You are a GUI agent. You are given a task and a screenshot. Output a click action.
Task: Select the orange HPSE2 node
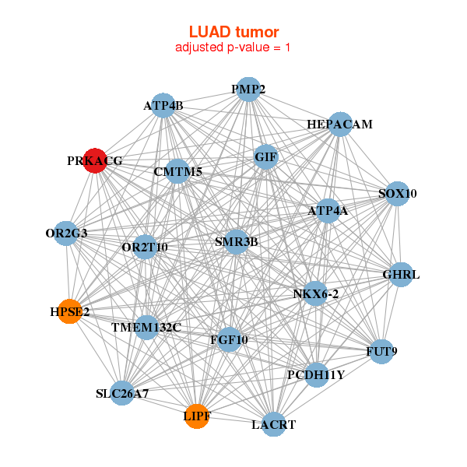(x=70, y=311)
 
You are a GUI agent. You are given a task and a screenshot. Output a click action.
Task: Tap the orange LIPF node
(x=197, y=416)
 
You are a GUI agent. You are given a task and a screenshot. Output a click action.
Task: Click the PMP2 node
(x=248, y=90)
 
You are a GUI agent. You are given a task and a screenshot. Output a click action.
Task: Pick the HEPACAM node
(x=339, y=125)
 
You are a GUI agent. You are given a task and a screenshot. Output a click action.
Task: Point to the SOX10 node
(x=397, y=193)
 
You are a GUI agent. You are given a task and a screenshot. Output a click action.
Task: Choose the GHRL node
(x=400, y=275)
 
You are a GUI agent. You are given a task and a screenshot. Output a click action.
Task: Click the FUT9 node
(x=381, y=352)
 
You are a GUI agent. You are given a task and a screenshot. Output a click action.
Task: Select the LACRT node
(x=273, y=424)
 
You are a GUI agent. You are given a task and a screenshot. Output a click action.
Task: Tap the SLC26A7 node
(x=122, y=394)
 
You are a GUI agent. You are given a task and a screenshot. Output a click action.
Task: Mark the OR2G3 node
(x=66, y=233)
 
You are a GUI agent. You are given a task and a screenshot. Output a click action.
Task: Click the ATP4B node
(x=163, y=105)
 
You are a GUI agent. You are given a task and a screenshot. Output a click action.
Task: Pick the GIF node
(x=265, y=156)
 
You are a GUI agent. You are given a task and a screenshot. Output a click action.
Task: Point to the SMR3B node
(x=236, y=241)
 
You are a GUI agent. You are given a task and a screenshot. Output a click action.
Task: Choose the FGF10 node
(x=229, y=339)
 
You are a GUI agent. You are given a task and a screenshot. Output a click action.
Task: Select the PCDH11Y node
(x=315, y=374)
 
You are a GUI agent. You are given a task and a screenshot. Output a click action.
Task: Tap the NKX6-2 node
(x=315, y=293)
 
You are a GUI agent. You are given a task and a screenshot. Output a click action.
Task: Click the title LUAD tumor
(x=233, y=32)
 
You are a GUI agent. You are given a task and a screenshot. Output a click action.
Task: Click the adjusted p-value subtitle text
(x=233, y=47)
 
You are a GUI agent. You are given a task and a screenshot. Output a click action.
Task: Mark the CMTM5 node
(x=178, y=171)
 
